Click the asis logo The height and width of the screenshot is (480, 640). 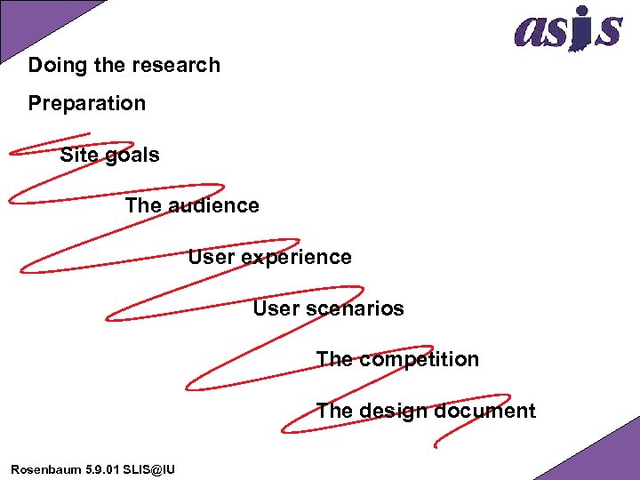(567, 28)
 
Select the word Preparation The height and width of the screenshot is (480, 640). (86, 104)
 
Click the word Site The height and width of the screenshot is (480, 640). (78, 155)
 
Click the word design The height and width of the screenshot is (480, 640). (392, 411)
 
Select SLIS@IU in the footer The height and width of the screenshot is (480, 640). (151, 468)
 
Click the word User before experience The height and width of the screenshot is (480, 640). (208, 257)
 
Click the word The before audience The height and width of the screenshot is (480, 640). (143, 205)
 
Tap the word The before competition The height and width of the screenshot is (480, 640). (334, 359)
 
